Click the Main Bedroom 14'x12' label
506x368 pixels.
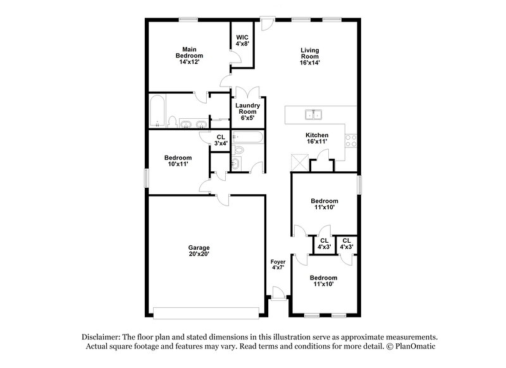187,56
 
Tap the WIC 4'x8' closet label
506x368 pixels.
242,40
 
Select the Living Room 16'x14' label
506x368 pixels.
309,56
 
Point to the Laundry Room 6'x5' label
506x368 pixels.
247,112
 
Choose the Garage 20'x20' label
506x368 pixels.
199,250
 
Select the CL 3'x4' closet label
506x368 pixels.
221,140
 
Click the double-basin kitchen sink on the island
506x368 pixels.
314,114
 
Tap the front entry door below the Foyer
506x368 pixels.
277,292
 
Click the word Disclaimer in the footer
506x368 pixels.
105,337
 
